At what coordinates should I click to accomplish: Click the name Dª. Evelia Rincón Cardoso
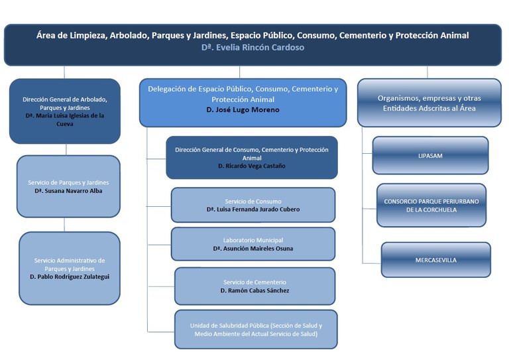point(253,48)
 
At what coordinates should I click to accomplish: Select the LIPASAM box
point(430,155)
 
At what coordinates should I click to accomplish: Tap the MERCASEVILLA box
point(435,260)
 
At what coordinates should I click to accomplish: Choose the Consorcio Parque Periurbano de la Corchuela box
point(431,206)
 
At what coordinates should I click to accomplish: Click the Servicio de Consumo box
point(253,205)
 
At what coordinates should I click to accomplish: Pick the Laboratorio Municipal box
point(253,244)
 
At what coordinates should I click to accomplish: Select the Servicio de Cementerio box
point(254,286)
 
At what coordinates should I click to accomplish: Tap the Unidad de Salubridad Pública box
point(256,329)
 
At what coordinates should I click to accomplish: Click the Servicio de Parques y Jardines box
point(68,186)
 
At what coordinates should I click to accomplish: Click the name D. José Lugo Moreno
point(243,109)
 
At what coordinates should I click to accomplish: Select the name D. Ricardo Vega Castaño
point(252,166)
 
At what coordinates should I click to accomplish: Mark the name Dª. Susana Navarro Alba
point(69,191)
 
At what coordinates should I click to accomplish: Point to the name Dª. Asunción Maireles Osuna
point(253,249)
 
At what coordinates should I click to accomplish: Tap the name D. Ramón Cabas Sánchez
point(254,290)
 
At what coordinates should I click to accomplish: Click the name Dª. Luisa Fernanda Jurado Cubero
point(253,210)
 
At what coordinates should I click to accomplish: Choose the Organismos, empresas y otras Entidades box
point(429,103)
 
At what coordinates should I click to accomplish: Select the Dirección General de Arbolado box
point(65,111)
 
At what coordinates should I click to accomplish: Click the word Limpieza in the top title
point(91,36)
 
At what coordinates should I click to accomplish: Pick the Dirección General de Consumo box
point(252,158)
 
